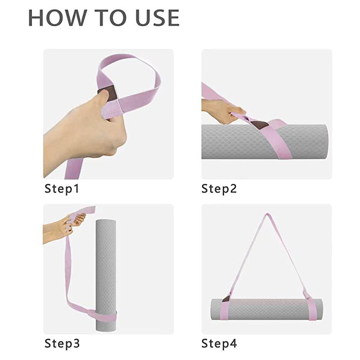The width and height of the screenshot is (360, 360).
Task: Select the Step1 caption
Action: point(62,189)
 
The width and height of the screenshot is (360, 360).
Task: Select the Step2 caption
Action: point(219,189)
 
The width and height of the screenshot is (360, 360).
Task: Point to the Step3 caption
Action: point(62,344)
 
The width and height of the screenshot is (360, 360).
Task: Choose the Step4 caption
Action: point(219,344)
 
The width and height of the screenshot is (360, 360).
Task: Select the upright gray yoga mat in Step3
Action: point(105,270)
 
